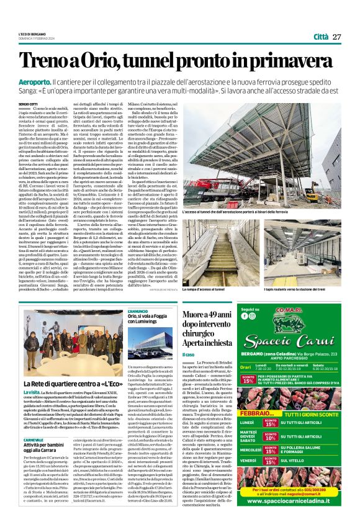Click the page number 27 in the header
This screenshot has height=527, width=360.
coord(337,37)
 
